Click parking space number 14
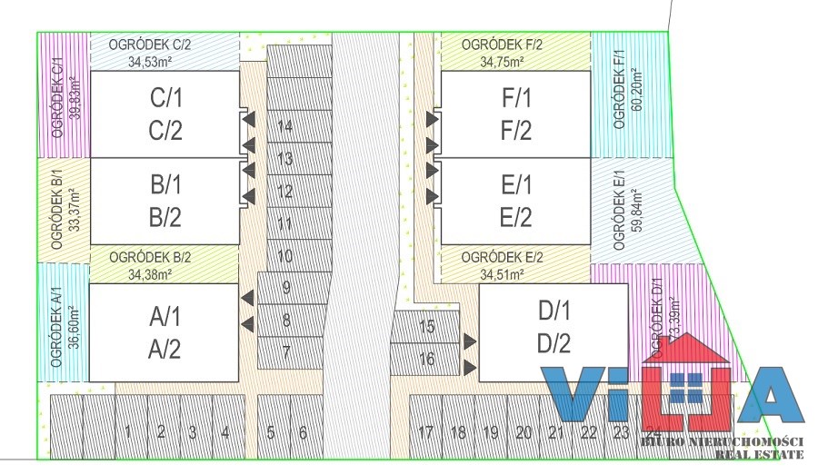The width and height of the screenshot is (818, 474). (x=285, y=126)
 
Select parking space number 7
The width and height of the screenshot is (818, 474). (x=285, y=351)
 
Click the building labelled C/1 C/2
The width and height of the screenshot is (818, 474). (x=166, y=114)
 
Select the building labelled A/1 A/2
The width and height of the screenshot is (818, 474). (x=165, y=332)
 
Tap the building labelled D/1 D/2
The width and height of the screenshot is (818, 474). (x=553, y=331)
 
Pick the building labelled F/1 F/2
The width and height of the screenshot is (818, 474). (x=516, y=114)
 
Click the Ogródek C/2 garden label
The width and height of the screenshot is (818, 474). (x=150, y=44)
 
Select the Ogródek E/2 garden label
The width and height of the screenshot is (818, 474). (x=502, y=257)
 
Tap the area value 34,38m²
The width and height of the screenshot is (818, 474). (x=150, y=273)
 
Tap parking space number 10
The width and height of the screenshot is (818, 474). (x=285, y=256)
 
